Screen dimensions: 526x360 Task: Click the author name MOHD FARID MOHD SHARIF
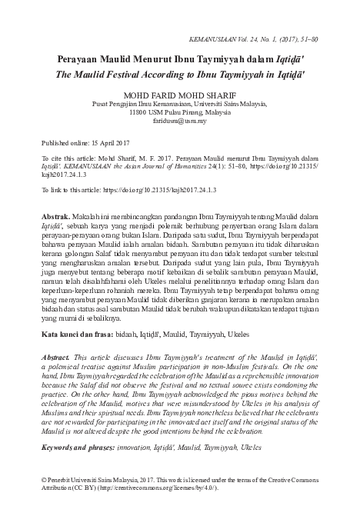181,95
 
